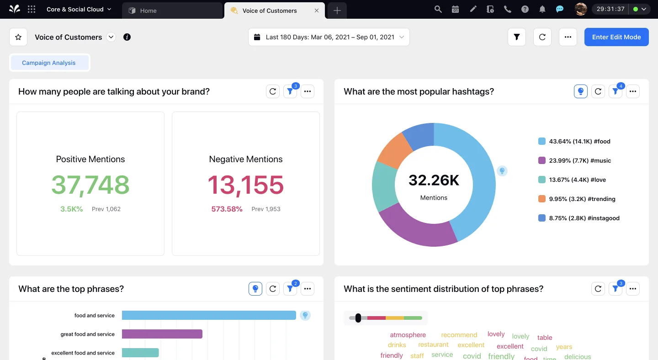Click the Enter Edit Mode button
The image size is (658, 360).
point(616,37)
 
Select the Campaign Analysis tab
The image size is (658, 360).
point(49,63)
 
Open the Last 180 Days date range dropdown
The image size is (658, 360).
point(329,37)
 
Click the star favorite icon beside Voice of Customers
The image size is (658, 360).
point(18,37)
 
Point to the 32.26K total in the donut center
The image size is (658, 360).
point(434,180)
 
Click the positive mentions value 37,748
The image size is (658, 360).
point(90,185)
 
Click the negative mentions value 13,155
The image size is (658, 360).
point(246,185)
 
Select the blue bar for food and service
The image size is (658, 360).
point(209,315)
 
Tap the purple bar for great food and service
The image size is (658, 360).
point(162,334)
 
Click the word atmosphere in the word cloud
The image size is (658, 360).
point(408,335)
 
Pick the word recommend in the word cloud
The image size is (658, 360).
point(459,335)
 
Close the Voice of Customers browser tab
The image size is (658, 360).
point(317,11)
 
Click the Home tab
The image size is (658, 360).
point(148,11)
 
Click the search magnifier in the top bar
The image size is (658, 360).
point(438,9)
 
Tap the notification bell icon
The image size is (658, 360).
point(542,9)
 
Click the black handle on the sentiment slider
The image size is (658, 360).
point(358,318)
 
